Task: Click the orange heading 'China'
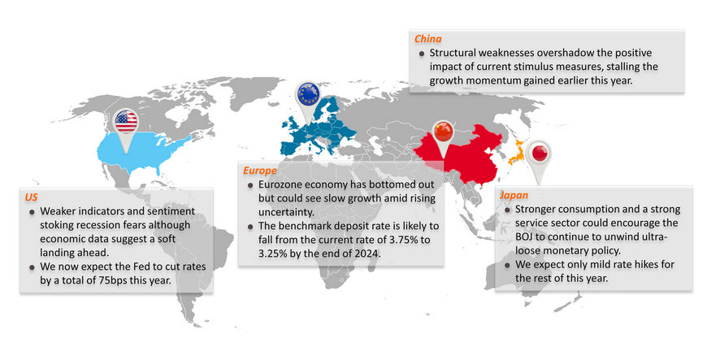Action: click(x=427, y=38)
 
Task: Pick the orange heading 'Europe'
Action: click(x=260, y=171)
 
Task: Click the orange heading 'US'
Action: click(x=31, y=197)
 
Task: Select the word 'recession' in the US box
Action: click(x=118, y=225)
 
